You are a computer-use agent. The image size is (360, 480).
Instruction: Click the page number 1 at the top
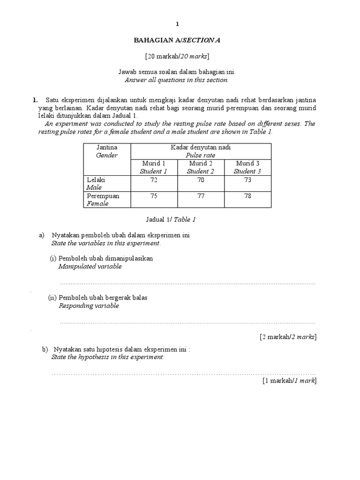(177, 23)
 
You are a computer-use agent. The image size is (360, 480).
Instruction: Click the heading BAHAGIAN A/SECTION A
(177, 41)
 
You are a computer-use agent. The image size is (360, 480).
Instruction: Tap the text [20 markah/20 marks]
(177, 57)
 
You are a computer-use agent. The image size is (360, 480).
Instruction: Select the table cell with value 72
(153, 180)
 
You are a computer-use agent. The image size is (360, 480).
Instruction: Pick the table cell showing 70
(201, 180)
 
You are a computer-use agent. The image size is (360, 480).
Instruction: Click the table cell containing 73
(247, 180)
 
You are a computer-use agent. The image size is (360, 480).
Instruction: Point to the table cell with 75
(153, 196)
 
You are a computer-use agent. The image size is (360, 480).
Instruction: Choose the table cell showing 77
(201, 196)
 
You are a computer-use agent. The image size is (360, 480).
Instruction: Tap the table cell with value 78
(247, 196)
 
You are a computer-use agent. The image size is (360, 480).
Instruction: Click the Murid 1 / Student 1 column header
(153, 167)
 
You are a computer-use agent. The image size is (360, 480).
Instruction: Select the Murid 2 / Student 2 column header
(201, 167)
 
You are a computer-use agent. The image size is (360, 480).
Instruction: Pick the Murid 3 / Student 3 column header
(247, 167)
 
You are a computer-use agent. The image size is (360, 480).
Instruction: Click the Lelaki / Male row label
(97, 183)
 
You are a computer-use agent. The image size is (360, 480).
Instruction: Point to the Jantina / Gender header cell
(106, 151)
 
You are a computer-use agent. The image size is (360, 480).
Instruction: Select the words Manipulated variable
(90, 266)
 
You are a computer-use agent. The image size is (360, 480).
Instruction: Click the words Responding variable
(89, 306)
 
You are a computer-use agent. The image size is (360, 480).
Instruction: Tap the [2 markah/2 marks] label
(288, 337)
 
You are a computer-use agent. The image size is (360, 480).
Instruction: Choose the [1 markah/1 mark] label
(289, 381)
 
